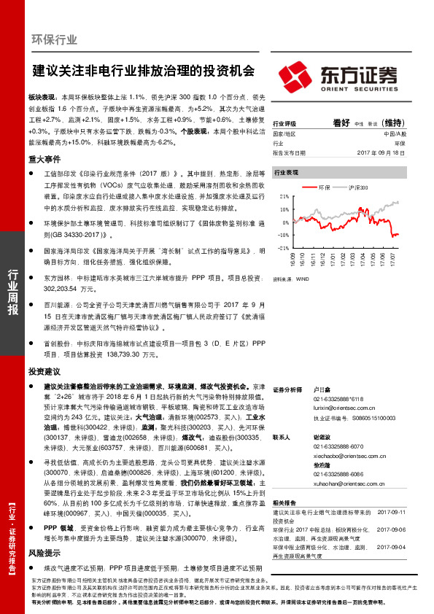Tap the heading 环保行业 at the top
tap(55, 40)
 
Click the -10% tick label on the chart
tap(282, 235)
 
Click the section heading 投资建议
tap(43, 371)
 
